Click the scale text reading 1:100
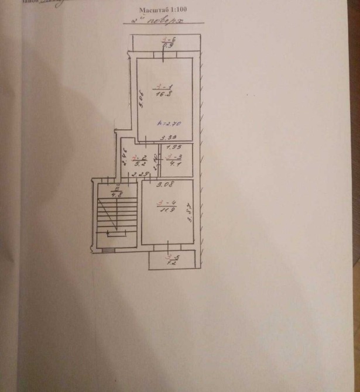click(x=182, y=11)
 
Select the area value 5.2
click(x=139, y=164)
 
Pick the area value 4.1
click(x=174, y=164)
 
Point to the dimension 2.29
click(x=138, y=174)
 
